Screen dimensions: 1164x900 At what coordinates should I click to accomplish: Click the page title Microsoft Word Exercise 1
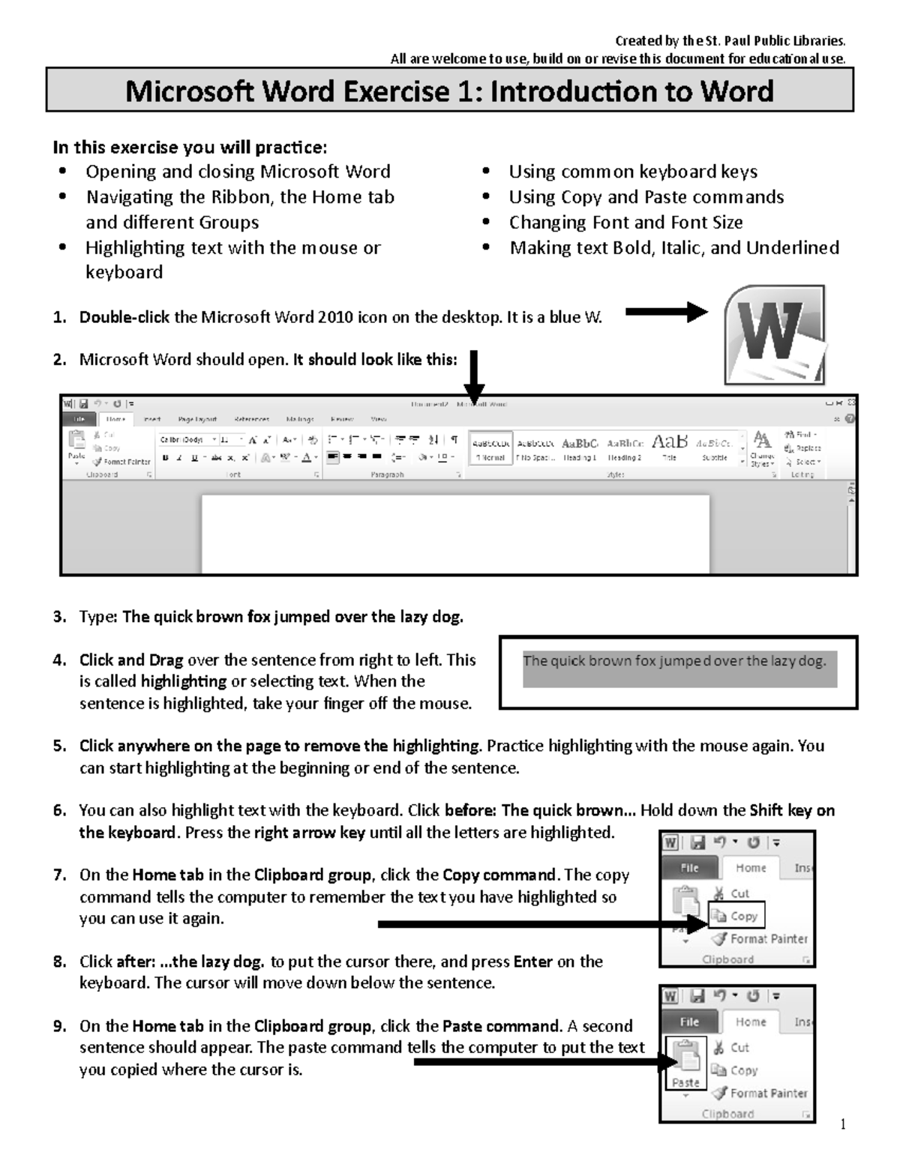pyautogui.click(x=449, y=91)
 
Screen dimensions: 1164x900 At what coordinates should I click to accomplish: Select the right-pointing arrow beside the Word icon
pyautogui.click(x=666, y=312)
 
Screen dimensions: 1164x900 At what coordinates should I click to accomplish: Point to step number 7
pyautogui.click(x=60, y=875)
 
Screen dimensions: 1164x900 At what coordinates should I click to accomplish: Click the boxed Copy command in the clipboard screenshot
pyautogui.click(x=736, y=916)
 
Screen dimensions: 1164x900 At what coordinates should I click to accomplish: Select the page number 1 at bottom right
pyautogui.click(x=843, y=1124)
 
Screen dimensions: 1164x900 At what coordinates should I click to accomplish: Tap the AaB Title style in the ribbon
pyautogui.click(x=669, y=447)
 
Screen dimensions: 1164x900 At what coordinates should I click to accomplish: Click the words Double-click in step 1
pyautogui.click(x=124, y=318)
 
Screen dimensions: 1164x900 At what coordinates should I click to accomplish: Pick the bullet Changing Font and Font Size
pyautogui.click(x=625, y=223)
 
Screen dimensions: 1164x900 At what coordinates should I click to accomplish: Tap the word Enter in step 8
pyautogui.click(x=532, y=962)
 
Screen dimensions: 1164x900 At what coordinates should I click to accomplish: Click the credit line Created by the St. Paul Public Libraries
pyautogui.click(x=730, y=41)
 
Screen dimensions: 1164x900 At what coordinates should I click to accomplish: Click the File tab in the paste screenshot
pyautogui.click(x=688, y=1022)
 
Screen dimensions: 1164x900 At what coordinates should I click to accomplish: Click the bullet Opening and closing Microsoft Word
pyautogui.click(x=238, y=172)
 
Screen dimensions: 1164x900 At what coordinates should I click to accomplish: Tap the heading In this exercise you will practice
pyautogui.click(x=190, y=148)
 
